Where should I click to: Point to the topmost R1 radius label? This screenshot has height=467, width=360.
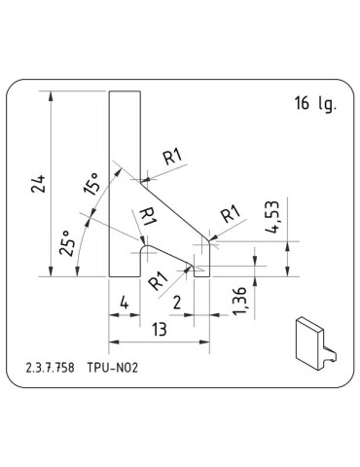pos(172,156)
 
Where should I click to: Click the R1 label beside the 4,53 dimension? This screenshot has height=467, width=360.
pos(231,214)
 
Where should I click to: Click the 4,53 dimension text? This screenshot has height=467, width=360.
pos(275,221)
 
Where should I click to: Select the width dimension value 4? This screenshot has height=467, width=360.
pos(124,305)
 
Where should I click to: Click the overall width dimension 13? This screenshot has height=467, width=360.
pos(159,330)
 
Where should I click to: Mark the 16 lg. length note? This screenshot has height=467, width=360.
pos(311,105)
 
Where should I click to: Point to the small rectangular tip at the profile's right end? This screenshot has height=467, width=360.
pos(201,270)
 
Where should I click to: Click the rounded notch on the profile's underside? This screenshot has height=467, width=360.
pos(146,250)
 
